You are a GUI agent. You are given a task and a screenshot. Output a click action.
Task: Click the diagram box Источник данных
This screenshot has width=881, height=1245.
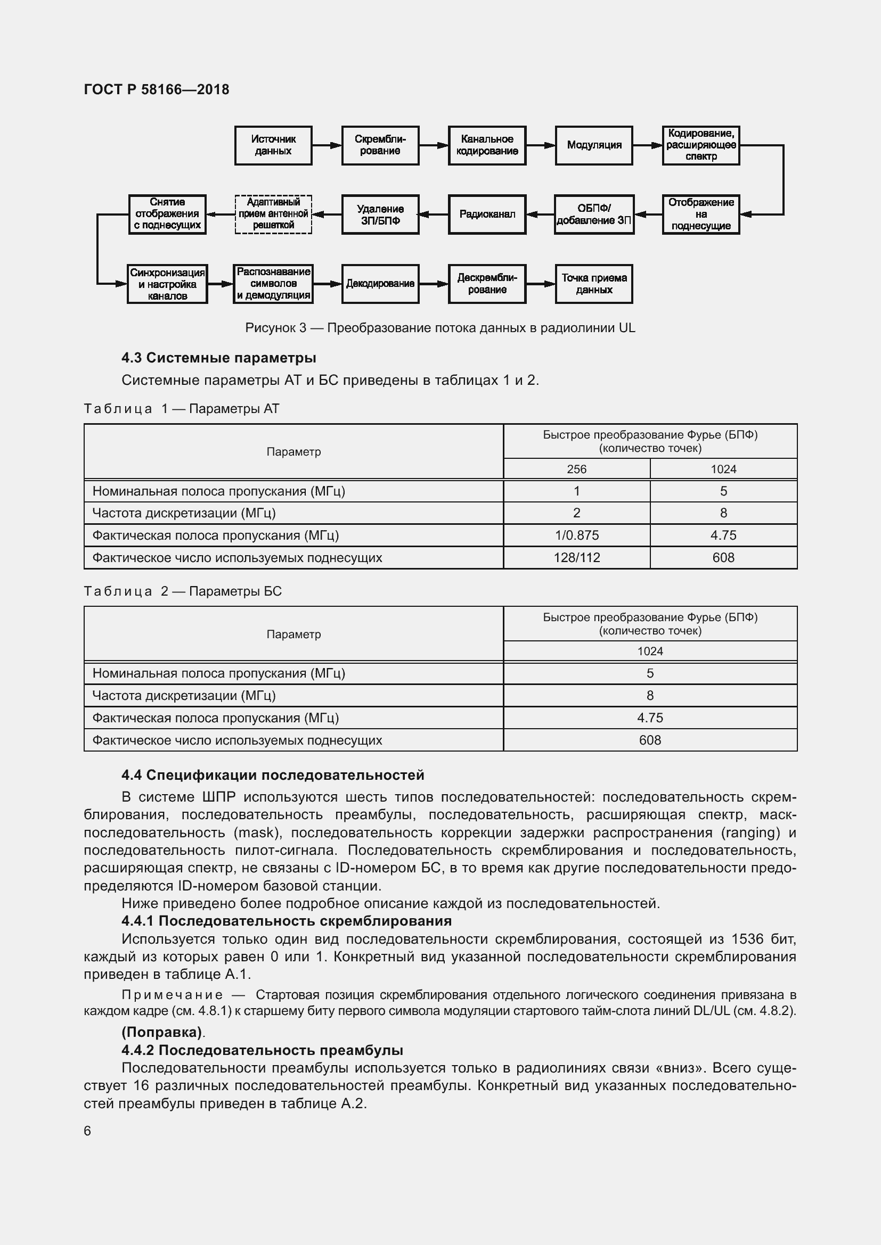273,145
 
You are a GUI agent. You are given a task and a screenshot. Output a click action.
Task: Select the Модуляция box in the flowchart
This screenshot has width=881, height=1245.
593,145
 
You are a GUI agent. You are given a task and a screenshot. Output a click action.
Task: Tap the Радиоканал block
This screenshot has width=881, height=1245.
487,214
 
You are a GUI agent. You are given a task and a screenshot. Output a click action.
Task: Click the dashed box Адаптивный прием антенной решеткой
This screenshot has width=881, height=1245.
273,214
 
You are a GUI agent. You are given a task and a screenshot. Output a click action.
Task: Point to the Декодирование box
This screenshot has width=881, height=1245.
380,284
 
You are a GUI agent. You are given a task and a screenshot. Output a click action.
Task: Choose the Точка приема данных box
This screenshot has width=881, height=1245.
593,284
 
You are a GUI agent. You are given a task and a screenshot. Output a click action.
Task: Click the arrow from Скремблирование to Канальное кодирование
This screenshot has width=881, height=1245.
434,145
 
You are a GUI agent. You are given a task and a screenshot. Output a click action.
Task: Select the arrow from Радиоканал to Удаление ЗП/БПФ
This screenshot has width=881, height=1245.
434,214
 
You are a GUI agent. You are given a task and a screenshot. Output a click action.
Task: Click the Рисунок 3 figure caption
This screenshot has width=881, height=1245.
440,328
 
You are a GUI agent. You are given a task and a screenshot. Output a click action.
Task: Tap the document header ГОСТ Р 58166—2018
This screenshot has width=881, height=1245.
157,89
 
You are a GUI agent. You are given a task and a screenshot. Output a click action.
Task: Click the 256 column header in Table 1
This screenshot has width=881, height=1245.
576,469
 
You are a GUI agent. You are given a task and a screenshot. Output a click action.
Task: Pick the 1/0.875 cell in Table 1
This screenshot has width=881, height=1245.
576,535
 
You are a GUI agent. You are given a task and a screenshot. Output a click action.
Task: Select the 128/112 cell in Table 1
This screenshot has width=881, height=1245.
576,557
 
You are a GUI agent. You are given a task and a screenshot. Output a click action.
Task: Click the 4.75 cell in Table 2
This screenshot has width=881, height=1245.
649,718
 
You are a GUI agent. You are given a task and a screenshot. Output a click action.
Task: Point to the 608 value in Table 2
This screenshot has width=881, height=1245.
649,740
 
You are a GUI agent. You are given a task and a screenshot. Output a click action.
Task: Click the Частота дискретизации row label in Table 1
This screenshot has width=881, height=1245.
184,513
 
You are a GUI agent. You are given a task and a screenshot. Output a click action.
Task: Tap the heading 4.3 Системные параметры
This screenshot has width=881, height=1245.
218,358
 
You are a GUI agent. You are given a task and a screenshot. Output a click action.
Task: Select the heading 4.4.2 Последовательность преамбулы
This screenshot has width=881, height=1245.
262,1050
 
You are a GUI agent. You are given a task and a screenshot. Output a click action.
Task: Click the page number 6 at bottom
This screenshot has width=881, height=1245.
87,1131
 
